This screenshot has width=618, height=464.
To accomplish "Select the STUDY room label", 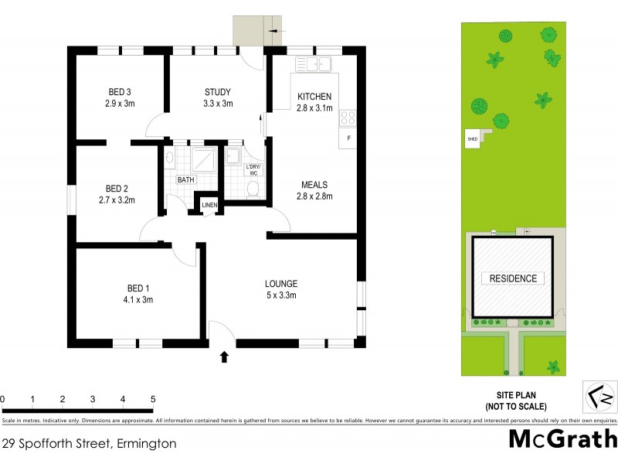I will tap(218, 92).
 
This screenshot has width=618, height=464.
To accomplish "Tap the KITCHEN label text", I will tap(314, 97).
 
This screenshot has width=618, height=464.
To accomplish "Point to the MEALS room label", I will tap(314, 185).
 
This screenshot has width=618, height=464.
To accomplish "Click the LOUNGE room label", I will tap(280, 284).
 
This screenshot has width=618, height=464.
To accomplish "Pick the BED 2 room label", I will tap(117, 188).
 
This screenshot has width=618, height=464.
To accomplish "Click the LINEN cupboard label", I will tap(210, 205).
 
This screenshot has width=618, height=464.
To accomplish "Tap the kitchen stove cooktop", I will tap(348, 118).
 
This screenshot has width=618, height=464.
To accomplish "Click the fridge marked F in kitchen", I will tap(348, 138).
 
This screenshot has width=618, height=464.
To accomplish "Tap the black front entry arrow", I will tap(224, 357).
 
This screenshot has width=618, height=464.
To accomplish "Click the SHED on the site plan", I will tap(472, 139).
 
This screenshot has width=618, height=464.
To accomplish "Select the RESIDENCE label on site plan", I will tap(513, 278).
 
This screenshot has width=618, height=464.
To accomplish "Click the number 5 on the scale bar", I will tap(153, 399).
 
